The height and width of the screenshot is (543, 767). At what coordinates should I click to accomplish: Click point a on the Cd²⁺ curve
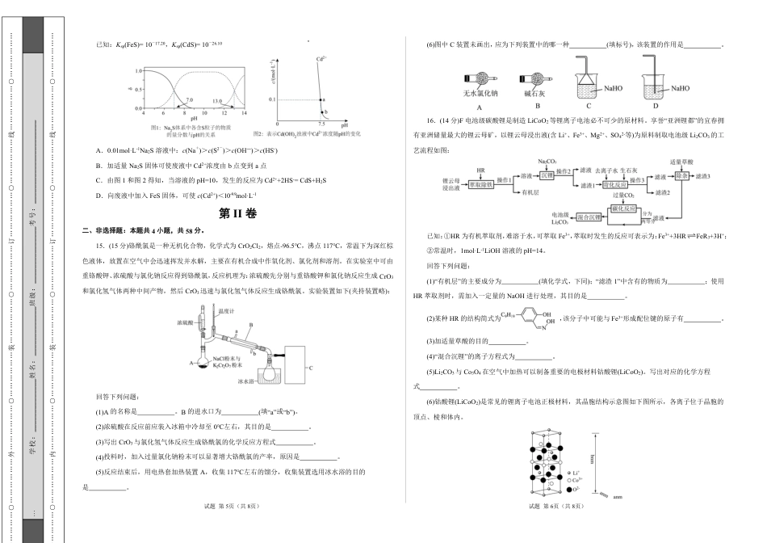coord(320,99)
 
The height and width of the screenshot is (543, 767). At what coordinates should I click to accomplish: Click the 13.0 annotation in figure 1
coord(217,101)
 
